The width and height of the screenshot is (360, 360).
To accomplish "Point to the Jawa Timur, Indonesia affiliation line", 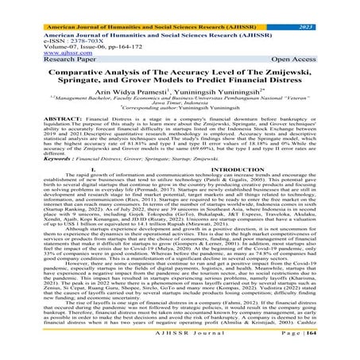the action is point(180,114).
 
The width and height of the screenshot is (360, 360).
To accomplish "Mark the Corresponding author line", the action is point(180,120).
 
